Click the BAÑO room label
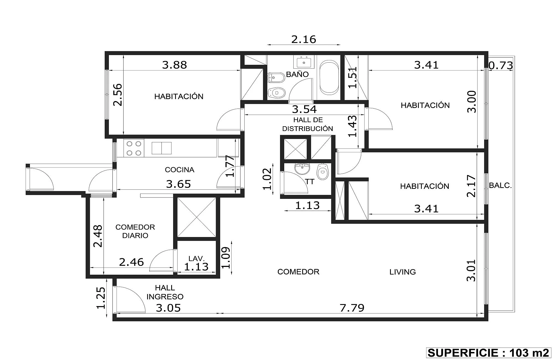[x=297, y=74]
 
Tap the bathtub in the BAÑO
[x=329, y=78]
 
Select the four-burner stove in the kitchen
[x=134, y=148]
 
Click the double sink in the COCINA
[x=161, y=148]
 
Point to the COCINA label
[x=179, y=170]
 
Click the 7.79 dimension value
[x=352, y=308]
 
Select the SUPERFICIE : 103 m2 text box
[x=488, y=353]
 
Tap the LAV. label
[x=196, y=259]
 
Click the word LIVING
[x=402, y=272]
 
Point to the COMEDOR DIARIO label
[x=135, y=231]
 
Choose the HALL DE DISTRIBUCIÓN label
[x=308, y=124]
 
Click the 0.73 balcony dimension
[x=501, y=66]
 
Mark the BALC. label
[x=500, y=186]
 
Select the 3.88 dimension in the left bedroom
[x=175, y=65]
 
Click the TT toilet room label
[x=310, y=182]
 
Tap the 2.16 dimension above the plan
[x=304, y=39]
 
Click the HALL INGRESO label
[x=165, y=292]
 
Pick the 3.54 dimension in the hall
[x=304, y=109]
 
